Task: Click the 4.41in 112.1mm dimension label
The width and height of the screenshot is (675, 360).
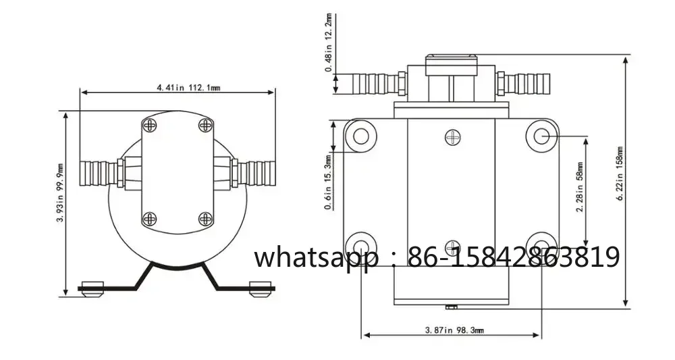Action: [x=188, y=88]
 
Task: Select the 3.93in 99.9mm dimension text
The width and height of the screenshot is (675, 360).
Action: [x=61, y=193]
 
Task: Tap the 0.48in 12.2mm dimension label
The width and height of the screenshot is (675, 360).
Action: [x=329, y=43]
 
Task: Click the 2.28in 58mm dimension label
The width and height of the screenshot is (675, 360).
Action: [x=580, y=187]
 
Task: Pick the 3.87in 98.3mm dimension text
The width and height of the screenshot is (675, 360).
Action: [x=454, y=330]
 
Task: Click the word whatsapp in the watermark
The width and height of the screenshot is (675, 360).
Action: [x=315, y=258]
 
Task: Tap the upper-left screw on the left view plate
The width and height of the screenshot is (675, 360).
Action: [x=150, y=126]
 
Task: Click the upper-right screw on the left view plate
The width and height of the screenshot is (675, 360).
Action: [x=205, y=126]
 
